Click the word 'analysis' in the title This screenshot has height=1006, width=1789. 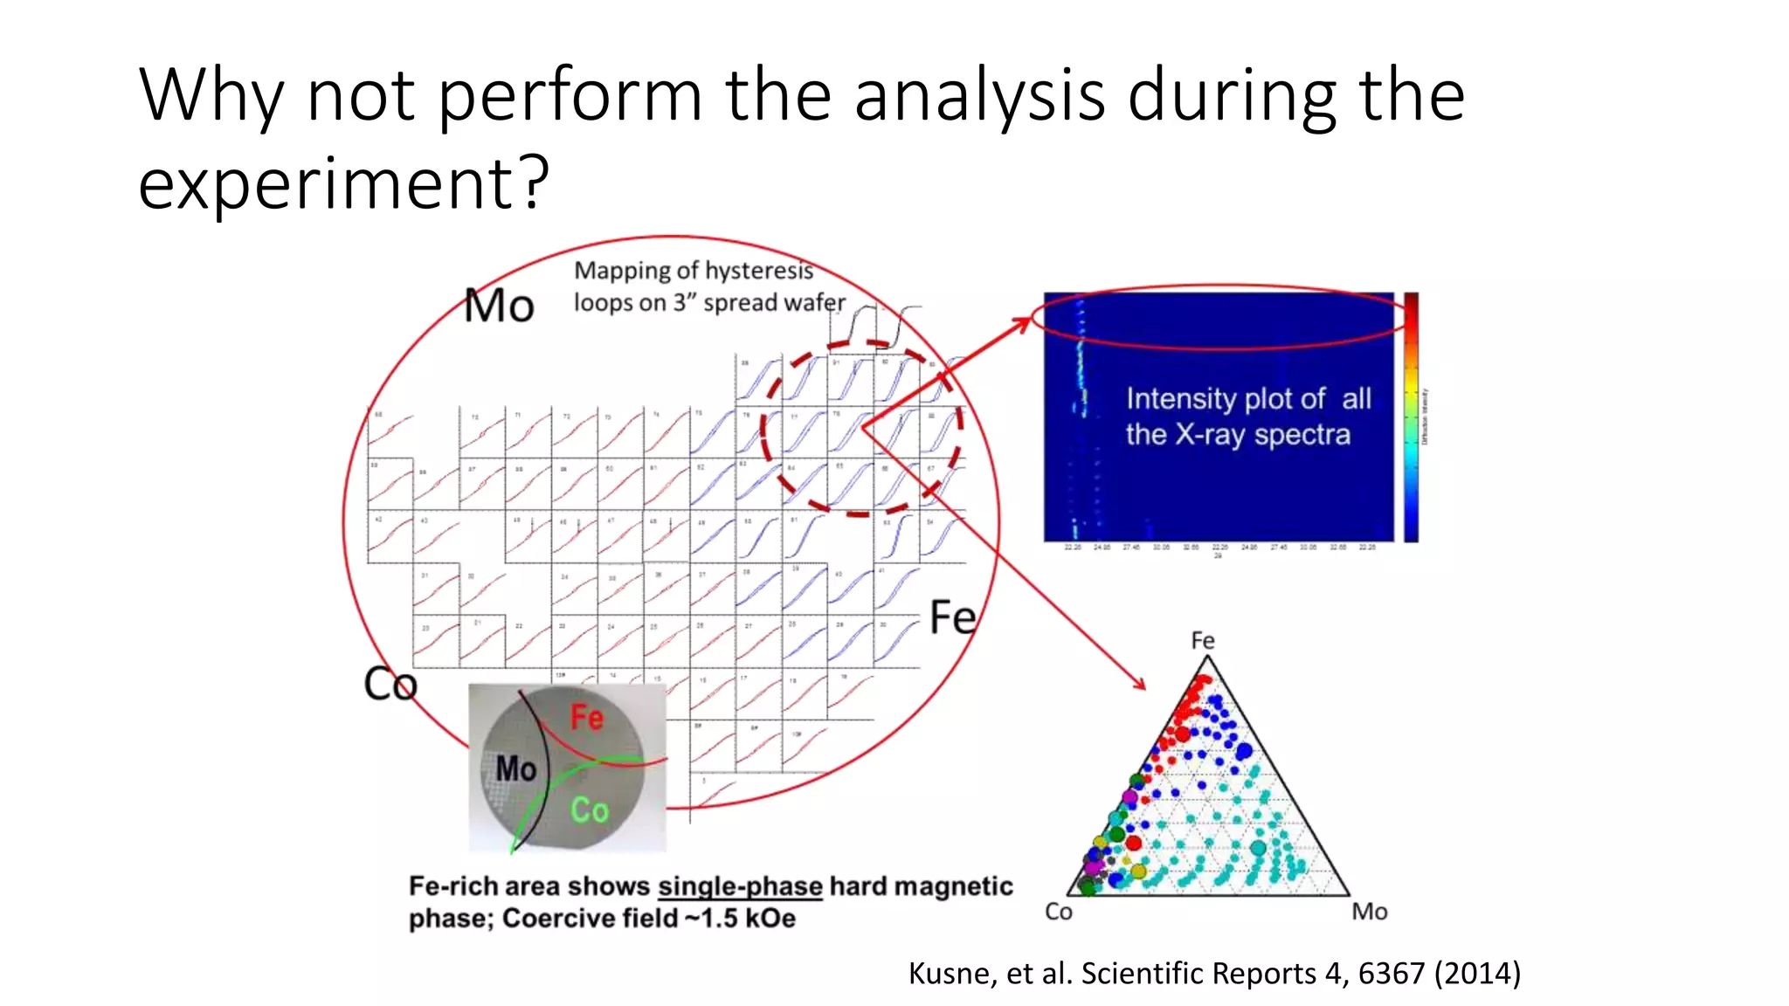(978, 96)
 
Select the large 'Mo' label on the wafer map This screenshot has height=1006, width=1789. (498, 307)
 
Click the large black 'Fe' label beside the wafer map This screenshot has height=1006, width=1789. (952, 617)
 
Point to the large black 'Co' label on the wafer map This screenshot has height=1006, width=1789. (390, 684)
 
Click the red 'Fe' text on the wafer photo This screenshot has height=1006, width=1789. (586, 718)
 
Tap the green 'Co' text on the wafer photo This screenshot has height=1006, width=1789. (589, 810)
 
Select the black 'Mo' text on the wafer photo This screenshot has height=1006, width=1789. (515, 769)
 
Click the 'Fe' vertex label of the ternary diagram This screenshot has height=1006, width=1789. (1203, 641)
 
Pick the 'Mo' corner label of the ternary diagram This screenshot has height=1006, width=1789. (1369, 912)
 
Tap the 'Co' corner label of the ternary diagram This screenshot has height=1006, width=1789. (1058, 912)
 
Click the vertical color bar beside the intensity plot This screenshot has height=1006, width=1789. (1411, 417)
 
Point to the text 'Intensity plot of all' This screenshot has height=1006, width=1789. (1247, 399)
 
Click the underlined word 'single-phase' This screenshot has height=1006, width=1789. (740, 886)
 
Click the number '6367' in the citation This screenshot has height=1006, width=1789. (1391, 973)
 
